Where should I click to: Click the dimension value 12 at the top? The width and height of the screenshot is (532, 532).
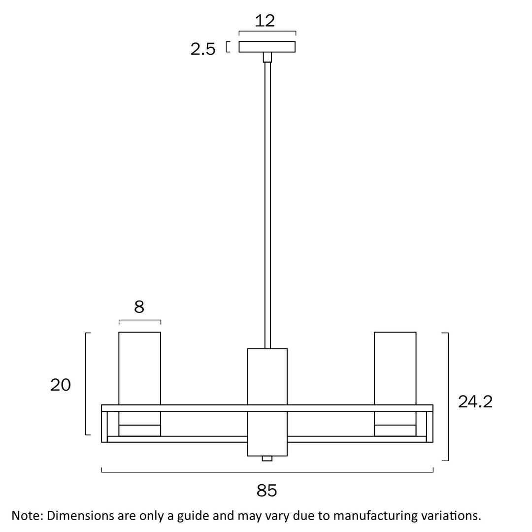265,21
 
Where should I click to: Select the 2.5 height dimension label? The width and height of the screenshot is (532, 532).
203,49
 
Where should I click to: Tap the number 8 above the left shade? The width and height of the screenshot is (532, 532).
139,307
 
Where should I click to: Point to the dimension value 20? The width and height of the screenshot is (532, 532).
61,385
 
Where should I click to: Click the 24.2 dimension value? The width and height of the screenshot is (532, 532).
475,402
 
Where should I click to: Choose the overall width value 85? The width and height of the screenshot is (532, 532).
266,490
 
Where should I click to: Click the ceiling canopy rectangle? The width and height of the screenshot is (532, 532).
267,47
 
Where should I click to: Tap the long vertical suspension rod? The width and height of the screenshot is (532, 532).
267,197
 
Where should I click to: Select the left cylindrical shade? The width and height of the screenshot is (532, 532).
139,367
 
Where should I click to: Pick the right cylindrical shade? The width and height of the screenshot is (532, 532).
395,367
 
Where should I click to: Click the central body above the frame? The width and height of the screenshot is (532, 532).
267,376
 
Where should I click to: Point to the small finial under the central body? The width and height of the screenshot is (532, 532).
267,459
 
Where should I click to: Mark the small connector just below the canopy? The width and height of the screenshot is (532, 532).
267,57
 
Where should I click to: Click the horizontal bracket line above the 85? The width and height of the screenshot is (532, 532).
267,472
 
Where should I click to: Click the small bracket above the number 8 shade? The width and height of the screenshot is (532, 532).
139,321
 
